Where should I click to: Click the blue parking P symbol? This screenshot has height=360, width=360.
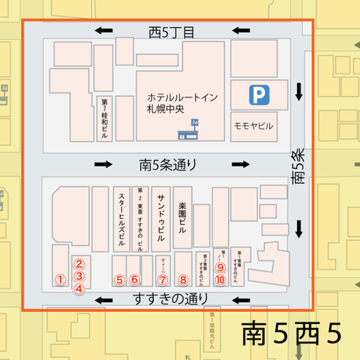pyautogui.click(x=258, y=94)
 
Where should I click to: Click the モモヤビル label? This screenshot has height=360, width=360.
pyautogui.click(x=253, y=124)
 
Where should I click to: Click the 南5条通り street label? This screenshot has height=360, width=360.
pyautogui.click(x=171, y=163)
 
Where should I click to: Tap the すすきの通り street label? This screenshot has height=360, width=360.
pyautogui.click(x=171, y=299)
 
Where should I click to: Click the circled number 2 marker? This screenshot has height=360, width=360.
pyautogui.click(x=80, y=263)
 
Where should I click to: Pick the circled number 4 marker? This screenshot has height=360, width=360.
pyautogui.click(x=80, y=285)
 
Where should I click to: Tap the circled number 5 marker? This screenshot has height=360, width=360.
pyautogui.click(x=119, y=279)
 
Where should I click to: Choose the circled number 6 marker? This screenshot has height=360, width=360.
pyautogui.click(x=134, y=279)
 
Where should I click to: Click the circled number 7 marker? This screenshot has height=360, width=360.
pyautogui.click(x=163, y=280)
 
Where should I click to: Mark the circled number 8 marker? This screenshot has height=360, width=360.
pyautogui.click(x=183, y=280)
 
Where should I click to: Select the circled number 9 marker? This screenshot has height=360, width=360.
pyautogui.click(x=220, y=266)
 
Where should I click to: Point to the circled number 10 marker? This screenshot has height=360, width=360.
pyautogui.click(x=220, y=279)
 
